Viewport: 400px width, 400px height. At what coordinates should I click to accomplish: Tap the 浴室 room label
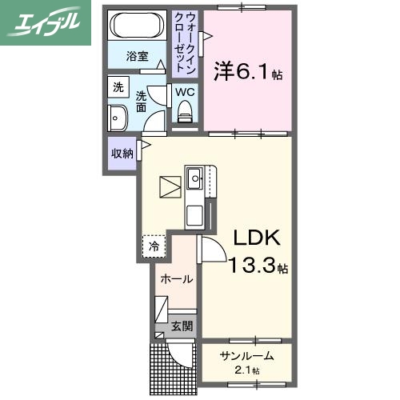point(138,56)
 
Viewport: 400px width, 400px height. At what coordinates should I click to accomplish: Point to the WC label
point(185,91)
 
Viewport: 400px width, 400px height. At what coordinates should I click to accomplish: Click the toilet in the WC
point(186,117)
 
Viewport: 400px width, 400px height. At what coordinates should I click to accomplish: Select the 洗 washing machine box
point(118,87)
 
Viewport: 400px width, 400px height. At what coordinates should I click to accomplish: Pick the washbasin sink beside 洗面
point(118,118)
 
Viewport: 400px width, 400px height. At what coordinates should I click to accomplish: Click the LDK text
point(255,238)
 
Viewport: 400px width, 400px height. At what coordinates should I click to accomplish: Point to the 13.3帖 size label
point(258,266)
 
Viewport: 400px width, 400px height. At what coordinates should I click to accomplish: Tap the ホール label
point(176,279)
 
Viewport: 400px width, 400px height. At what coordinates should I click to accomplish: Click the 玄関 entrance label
point(182,326)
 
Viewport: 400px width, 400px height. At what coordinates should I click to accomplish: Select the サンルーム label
point(248,356)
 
